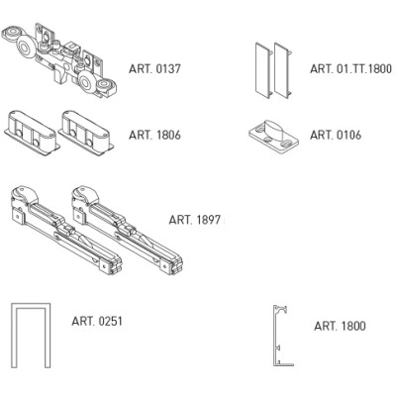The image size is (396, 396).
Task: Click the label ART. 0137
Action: coord(154,69)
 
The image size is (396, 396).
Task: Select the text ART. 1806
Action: coord(154,135)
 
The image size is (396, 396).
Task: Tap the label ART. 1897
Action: coord(194,220)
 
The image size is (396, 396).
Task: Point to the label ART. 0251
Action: coord(97,321)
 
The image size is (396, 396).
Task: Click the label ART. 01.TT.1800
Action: coord(350,69)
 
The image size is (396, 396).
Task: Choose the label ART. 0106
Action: coord(336,135)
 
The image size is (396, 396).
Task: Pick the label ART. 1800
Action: coord(340,326)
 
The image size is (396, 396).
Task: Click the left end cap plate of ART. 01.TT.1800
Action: coord(263,68)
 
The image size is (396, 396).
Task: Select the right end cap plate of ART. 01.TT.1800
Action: coord(283,69)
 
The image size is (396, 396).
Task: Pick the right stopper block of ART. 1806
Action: coord(87,132)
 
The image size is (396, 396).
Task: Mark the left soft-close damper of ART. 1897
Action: coord(66,230)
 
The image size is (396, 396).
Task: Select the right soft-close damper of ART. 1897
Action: coord(127,230)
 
